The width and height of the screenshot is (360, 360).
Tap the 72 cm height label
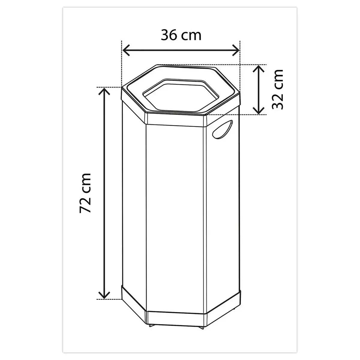[85, 193]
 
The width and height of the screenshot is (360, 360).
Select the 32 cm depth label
[277, 89]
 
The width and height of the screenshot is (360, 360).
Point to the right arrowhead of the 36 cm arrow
[236, 50]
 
